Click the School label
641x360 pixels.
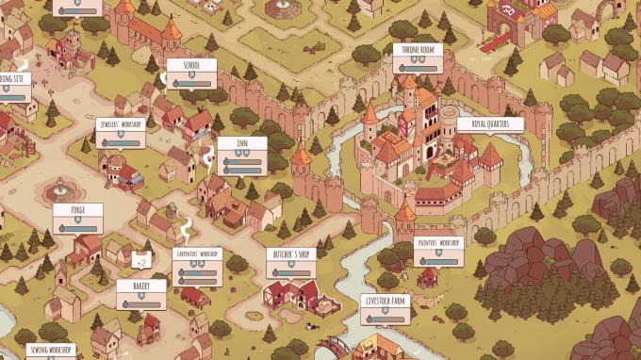[x=190, y=66]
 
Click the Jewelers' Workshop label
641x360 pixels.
[x=120, y=124]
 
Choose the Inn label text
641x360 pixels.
[x=241, y=144]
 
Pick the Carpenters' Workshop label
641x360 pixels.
[x=197, y=254]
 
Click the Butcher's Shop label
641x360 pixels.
[x=290, y=254]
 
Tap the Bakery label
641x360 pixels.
[x=141, y=285]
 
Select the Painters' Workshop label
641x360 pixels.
[x=438, y=243]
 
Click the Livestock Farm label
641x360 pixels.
[x=385, y=302]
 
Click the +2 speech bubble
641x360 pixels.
[x=142, y=257]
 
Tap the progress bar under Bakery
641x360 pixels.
[x=144, y=304]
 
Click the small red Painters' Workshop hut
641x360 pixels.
[x=429, y=277]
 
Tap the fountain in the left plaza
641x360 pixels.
[x=58, y=182]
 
